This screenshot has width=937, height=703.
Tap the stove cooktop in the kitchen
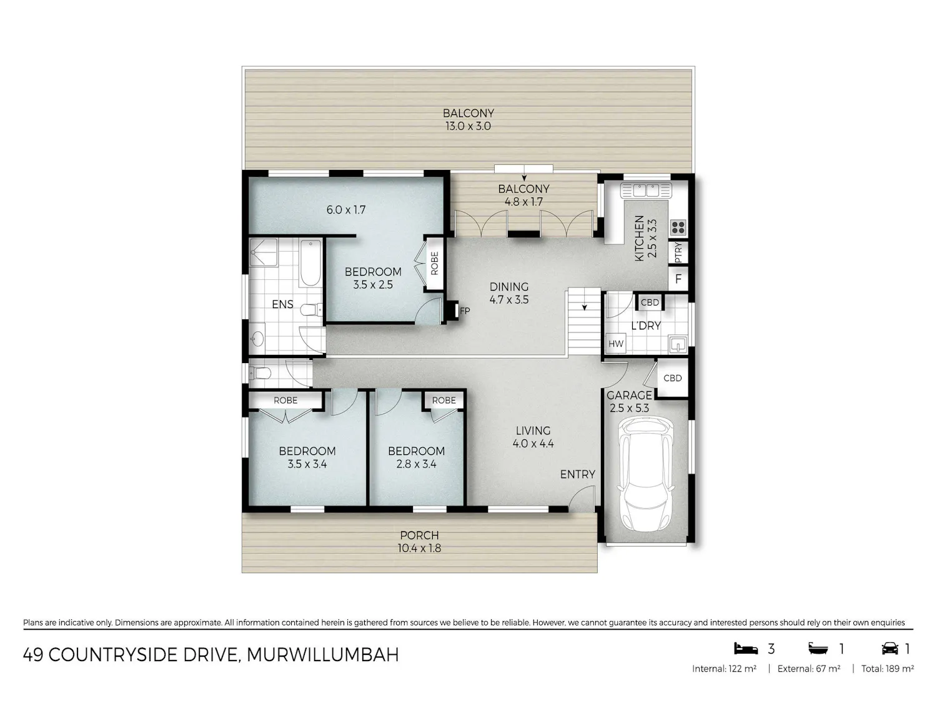tap(678, 227)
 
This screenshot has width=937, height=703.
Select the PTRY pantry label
tap(678, 252)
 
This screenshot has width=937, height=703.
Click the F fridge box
tap(678, 279)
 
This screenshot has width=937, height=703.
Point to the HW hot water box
tap(615, 344)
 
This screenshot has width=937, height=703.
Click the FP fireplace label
tap(465, 311)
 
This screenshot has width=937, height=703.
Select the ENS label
tap(282, 304)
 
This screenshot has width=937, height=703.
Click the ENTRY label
tap(578, 474)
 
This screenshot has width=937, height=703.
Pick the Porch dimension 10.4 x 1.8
tap(419, 548)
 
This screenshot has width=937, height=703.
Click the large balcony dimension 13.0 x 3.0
tap(468, 126)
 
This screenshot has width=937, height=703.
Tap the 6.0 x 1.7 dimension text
tap(346, 209)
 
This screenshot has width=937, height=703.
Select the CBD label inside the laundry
tap(650, 302)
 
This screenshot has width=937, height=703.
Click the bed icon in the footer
tap(746, 649)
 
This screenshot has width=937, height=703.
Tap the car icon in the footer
tap(890, 649)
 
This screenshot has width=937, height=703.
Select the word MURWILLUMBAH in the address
tap(323, 655)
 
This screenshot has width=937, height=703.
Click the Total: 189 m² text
tap(888, 669)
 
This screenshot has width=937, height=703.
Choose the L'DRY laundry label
tap(646, 326)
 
